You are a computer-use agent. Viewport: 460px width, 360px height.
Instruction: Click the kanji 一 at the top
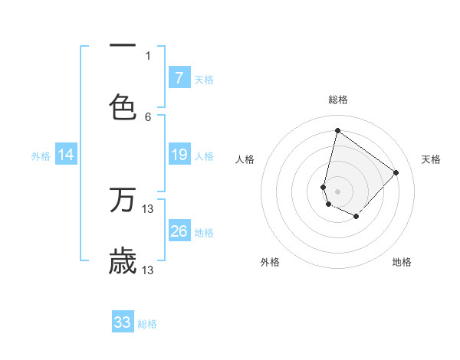[123, 46]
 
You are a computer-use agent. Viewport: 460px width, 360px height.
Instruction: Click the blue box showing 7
[179, 78]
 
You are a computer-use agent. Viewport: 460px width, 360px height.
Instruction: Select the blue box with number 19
[179, 155]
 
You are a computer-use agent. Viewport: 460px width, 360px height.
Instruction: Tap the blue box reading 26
[179, 232]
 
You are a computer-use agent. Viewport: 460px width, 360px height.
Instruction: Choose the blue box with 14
[66, 155]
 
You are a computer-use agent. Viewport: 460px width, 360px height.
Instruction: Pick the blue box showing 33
[123, 322]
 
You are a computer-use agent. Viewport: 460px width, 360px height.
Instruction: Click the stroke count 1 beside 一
[148, 55]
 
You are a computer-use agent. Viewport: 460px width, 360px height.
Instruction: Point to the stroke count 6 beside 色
[148, 116]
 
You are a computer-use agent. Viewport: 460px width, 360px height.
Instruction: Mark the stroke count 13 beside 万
[148, 208]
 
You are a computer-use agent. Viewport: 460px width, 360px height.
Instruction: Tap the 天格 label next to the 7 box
[204, 79]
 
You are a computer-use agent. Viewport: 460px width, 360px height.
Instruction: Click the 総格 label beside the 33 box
[147, 324]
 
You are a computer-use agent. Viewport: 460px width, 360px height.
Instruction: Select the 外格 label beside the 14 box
[41, 156]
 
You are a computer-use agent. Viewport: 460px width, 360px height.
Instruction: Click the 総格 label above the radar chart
[338, 100]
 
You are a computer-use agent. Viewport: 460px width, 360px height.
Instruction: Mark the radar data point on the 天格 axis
[396, 172]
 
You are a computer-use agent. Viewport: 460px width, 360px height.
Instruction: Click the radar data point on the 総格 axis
[337, 130]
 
